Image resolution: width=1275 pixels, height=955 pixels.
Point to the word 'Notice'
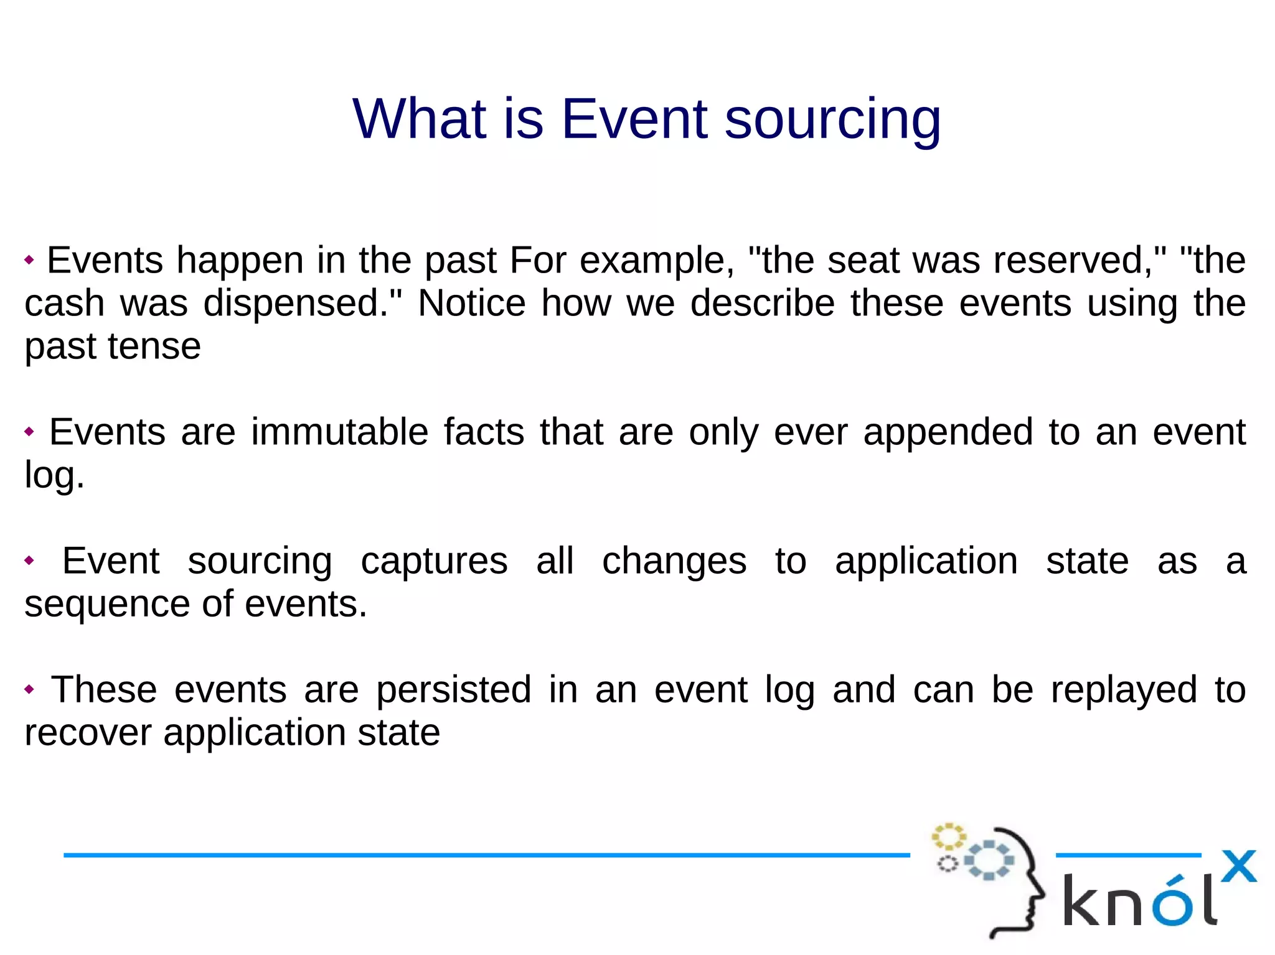click(x=471, y=304)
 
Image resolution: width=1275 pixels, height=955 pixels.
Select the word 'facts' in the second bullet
click(x=484, y=432)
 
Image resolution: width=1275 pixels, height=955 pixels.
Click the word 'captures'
click(x=434, y=562)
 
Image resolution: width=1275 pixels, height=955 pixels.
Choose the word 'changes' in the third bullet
click(x=674, y=562)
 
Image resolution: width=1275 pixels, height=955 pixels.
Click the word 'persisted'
click(x=454, y=690)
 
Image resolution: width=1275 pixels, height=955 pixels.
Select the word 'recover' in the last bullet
click(x=88, y=733)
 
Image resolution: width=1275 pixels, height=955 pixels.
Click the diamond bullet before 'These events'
click(x=29, y=689)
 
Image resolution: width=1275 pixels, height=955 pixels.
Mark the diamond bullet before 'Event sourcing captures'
click(x=29, y=561)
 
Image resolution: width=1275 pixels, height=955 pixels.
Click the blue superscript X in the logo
click(x=1238, y=866)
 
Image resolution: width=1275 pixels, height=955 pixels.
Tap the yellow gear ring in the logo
click(x=948, y=837)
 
